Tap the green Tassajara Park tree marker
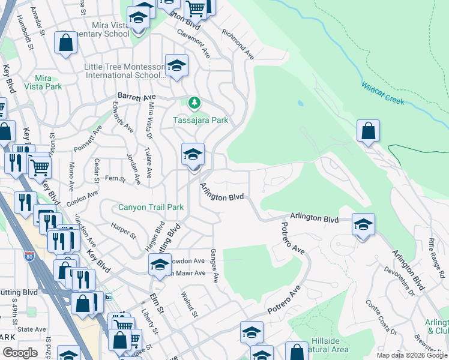coord(194,103)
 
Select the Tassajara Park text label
coord(200,120)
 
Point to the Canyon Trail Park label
coord(151,208)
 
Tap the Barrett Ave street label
coord(136,96)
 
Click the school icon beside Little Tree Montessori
coord(176,67)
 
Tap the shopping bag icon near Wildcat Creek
coord(368,131)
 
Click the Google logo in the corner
coord(20,353)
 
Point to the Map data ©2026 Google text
coord(412,355)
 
